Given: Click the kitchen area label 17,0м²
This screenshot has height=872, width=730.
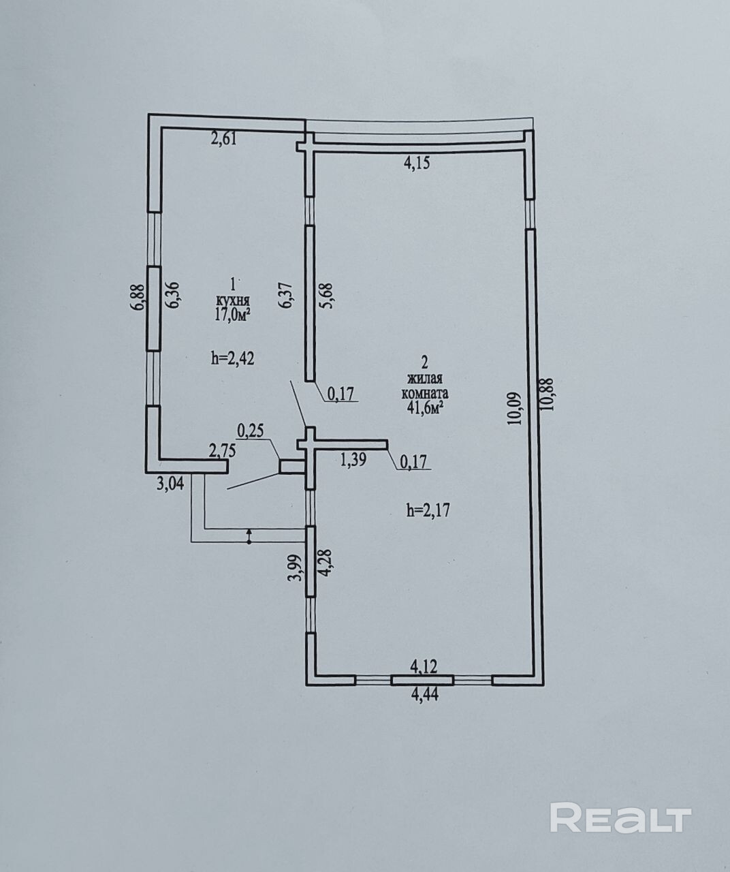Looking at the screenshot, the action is [x=232, y=313].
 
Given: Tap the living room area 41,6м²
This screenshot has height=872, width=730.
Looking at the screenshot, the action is [x=424, y=407].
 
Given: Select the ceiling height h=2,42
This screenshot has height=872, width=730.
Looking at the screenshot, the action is [x=233, y=358].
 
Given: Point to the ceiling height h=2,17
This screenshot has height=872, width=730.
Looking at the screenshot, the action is [x=428, y=510].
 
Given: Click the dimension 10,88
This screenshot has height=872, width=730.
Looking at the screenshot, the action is [x=546, y=394].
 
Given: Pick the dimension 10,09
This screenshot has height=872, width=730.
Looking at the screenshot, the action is [x=515, y=409].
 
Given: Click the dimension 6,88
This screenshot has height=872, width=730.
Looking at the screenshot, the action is [x=140, y=296].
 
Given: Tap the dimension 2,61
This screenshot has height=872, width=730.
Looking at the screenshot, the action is [x=224, y=139].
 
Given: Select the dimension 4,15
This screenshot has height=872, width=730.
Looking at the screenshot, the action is [x=416, y=163].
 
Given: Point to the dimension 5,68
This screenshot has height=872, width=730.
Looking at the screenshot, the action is [x=328, y=296].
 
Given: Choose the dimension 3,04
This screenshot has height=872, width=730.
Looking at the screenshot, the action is [x=170, y=485].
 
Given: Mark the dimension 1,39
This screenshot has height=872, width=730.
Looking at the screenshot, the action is [x=353, y=460].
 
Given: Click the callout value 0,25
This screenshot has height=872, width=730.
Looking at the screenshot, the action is [x=250, y=431].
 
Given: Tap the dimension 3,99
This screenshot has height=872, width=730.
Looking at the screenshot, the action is [x=297, y=567].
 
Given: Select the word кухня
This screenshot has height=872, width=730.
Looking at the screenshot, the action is [x=232, y=300].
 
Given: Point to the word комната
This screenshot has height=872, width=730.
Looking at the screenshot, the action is [x=424, y=393].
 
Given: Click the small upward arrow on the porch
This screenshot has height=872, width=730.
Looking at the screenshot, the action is [x=249, y=535].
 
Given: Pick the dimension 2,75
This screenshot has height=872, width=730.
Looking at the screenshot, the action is [x=222, y=451].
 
